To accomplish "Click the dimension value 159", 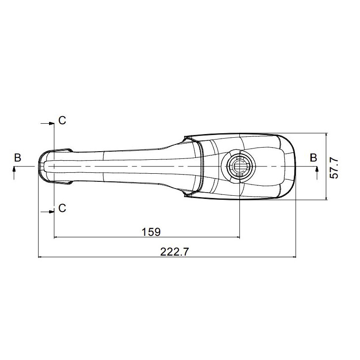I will point(151,232).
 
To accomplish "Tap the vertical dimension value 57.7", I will point(333,167).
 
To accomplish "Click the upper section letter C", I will point(62,120).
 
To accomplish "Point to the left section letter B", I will point(17,157).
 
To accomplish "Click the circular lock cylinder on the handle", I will point(239,165).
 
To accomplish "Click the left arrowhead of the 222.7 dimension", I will point(40,257).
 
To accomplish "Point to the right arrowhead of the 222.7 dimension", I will point(294,257).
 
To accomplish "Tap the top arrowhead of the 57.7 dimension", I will point(325,135).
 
